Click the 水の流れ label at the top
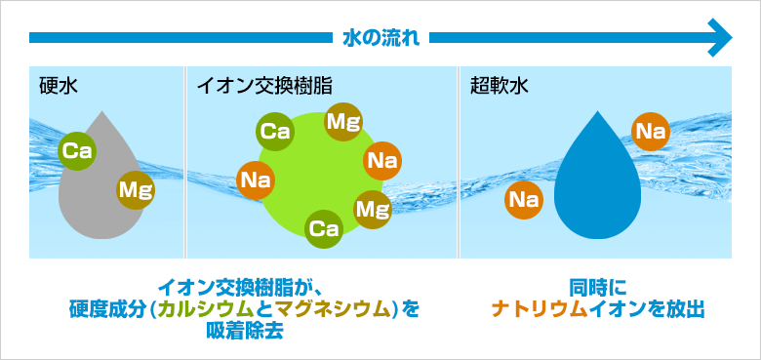pos(380,38)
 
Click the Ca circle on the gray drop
pos(76,150)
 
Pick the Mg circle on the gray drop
pos(135,188)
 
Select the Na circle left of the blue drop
pos(524,200)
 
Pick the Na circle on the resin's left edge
pos(256,180)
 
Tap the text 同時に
pos(597,288)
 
